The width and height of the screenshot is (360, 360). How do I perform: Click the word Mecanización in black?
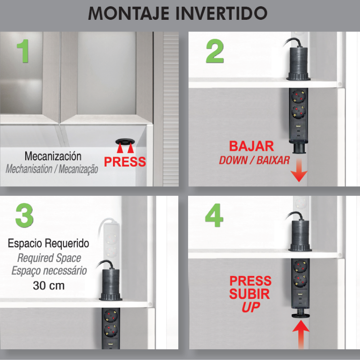pos(53,157)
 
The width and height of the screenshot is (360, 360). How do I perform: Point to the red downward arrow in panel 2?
pos(297,173)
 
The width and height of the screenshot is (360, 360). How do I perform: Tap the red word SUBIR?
pos(250,294)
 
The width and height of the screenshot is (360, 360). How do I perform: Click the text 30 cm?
pos(48,285)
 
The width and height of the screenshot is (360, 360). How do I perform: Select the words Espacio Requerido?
pos(48,244)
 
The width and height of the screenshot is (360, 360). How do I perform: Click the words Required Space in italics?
pos(49,258)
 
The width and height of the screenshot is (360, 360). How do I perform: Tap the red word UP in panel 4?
pos(251,308)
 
